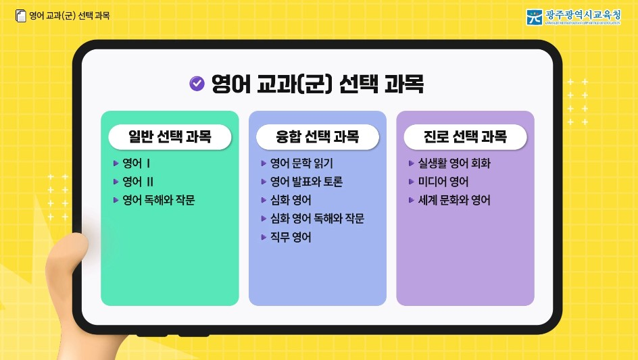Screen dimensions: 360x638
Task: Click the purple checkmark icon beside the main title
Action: click(197, 83)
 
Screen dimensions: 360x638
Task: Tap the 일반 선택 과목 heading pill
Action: click(170, 137)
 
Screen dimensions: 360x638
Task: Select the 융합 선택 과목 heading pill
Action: click(317, 137)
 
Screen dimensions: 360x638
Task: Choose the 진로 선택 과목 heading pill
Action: click(465, 137)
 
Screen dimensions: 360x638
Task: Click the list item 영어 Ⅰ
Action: click(136, 163)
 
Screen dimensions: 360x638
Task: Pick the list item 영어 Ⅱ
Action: click(138, 182)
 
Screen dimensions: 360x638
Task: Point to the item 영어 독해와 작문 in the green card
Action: click(159, 201)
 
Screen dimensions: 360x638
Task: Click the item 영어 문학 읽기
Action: click(301, 163)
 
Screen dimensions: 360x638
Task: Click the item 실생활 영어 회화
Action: click(454, 163)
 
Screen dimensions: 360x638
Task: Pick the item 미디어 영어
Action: click(443, 182)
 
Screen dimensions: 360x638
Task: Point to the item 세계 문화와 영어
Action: click(454, 201)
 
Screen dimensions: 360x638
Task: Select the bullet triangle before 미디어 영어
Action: click(412, 182)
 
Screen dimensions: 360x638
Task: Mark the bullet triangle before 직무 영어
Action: click(264, 237)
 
